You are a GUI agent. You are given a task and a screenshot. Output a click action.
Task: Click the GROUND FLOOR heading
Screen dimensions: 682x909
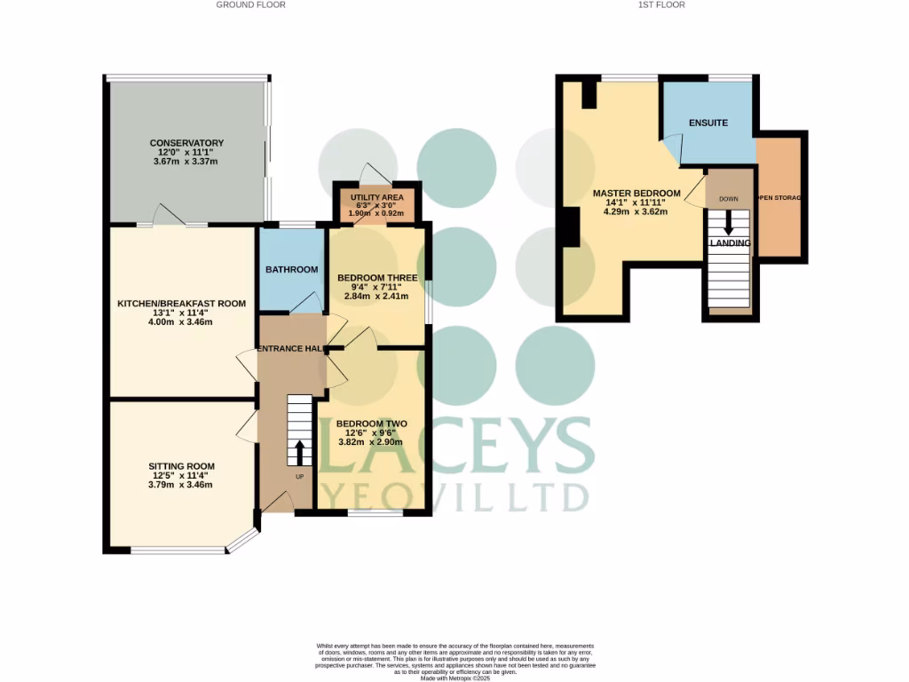(251, 4)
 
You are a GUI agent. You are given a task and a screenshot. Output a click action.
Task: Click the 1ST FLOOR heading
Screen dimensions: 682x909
(661, 4)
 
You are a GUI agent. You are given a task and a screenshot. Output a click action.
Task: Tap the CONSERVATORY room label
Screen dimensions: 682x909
(186, 143)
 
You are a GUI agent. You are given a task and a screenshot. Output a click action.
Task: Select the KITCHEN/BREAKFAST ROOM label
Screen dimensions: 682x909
(182, 304)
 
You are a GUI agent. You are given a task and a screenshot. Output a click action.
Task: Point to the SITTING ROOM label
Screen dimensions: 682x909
(182, 466)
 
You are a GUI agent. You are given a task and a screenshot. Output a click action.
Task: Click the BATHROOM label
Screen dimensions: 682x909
(292, 270)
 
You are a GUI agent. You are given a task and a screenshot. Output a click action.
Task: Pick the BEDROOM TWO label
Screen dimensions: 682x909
(372, 424)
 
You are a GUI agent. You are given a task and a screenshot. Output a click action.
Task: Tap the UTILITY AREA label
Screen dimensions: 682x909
(377, 197)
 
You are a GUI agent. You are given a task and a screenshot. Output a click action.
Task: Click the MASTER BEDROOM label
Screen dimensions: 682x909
(636, 194)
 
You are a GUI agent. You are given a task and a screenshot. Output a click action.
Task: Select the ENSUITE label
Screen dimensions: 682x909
(708, 123)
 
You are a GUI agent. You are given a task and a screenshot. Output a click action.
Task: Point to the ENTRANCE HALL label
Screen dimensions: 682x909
(289, 349)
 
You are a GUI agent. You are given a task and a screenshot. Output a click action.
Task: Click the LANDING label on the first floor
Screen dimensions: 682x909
(730, 243)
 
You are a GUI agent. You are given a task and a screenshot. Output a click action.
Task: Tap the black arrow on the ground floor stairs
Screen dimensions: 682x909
(299, 451)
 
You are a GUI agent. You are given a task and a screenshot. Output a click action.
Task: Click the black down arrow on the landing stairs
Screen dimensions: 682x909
(729, 222)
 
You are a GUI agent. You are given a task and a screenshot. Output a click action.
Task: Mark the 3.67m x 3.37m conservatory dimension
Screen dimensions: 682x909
(186, 162)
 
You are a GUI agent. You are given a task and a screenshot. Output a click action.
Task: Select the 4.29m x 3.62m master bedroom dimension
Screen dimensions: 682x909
(636, 211)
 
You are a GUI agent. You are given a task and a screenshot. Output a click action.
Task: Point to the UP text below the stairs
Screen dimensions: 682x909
(299, 478)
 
